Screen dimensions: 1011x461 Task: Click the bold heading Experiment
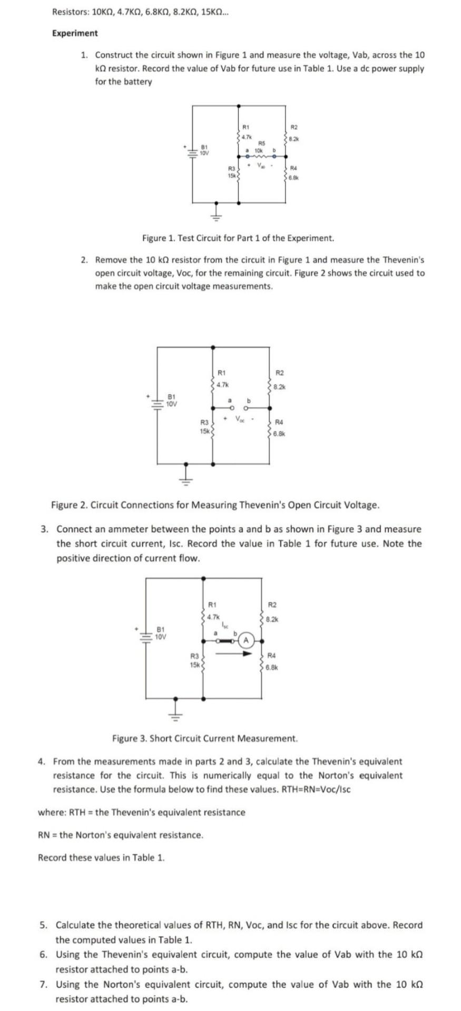[x=75, y=33]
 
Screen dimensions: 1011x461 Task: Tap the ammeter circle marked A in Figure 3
[x=246, y=640]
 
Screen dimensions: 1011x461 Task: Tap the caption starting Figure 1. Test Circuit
[x=238, y=238]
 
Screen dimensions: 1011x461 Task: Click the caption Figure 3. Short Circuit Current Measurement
[x=205, y=738]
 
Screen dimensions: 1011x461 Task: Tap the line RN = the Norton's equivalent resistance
[x=121, y=835]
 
